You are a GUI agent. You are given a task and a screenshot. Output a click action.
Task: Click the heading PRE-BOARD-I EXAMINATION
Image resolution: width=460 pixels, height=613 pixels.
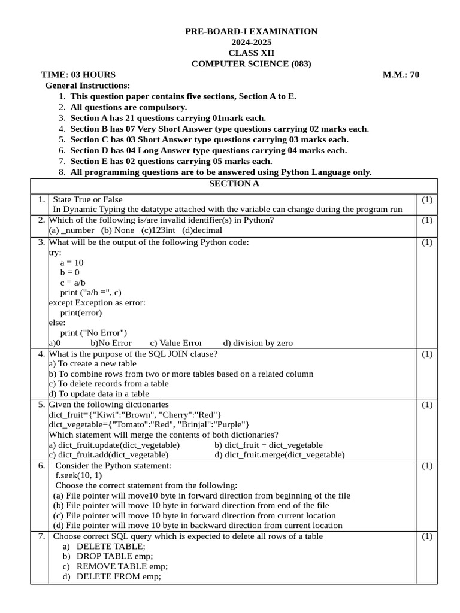(x=251, y=31)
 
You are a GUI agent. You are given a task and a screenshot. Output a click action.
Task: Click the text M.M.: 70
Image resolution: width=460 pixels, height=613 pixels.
(x=401, y=75)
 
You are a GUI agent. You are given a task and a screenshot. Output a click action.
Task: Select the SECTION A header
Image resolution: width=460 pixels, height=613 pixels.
(x=234, y=184)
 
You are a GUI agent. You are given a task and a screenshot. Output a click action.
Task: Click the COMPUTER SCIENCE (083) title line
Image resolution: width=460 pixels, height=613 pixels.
(x=251, y=64)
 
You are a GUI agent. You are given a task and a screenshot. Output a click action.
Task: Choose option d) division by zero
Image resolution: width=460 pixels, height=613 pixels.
(x=258, y=343)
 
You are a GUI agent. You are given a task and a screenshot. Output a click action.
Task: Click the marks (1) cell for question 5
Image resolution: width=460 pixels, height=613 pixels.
(x=426, y=405)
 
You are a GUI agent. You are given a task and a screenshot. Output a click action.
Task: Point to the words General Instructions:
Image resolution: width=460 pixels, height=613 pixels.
(x=87, y=86)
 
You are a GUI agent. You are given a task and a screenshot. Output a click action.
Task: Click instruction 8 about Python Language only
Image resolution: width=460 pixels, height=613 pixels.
(x=220, y=172)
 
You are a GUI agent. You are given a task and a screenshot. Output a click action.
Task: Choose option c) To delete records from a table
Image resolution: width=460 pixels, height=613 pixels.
(x=108, y=383)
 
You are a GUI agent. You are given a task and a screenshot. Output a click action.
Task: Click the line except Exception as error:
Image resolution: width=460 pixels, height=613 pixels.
(x=97, y=302)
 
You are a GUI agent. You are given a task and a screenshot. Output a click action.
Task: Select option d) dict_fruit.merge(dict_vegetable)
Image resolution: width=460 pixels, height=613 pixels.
(x=280, y=454)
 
